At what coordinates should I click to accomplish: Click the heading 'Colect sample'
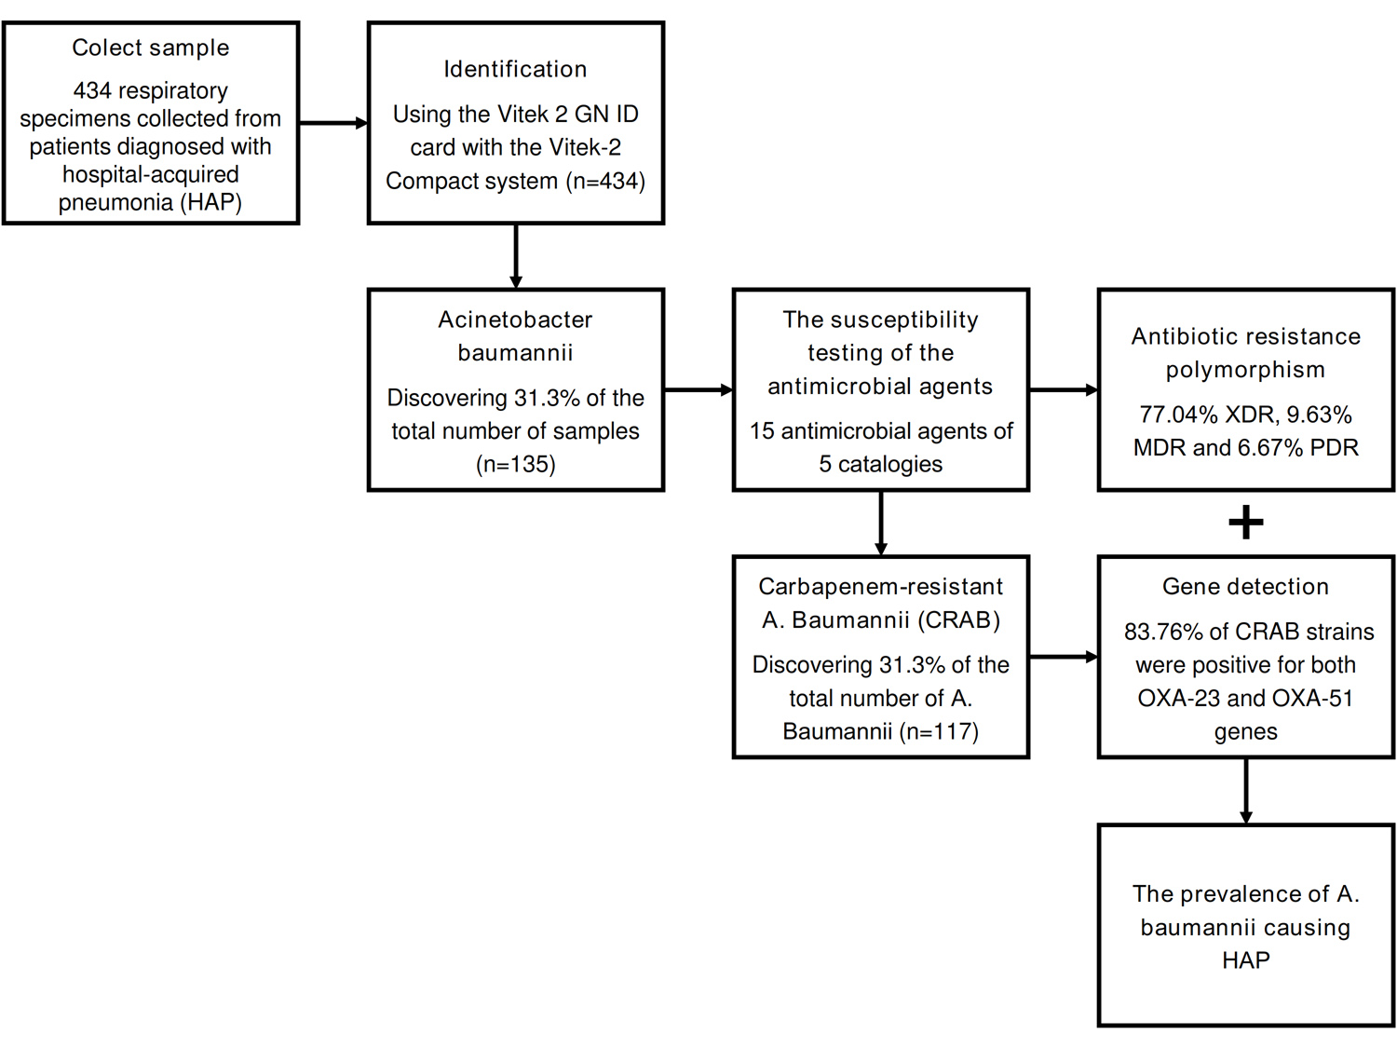(x=150, y=48)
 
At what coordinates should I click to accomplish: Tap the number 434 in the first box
(x=92, y=90)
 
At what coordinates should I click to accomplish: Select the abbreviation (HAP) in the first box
(x=213, y=202)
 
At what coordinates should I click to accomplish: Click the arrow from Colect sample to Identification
(x=332, y=123)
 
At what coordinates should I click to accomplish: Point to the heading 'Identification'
(x=515, y=69)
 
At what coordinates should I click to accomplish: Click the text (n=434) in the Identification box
(x=605, y=181)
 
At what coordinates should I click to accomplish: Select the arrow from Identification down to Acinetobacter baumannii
(x=516, y=256)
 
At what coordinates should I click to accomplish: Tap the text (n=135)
(x=515, y=464)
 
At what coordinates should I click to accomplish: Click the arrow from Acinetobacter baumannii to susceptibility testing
(x=698, y=390)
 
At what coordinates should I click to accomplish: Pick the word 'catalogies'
(x=890, y=464)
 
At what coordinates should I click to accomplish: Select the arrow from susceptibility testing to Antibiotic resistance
(x=1064, y=390)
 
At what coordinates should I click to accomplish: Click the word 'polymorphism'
(x=1245, y=370)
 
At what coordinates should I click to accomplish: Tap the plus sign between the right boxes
(x=1246, y=523)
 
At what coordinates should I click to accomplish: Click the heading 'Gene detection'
(x=1245, y=587)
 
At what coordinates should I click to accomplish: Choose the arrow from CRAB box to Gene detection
(x=1064, y=657)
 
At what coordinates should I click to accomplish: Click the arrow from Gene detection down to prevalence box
(x=1246, y=791)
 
